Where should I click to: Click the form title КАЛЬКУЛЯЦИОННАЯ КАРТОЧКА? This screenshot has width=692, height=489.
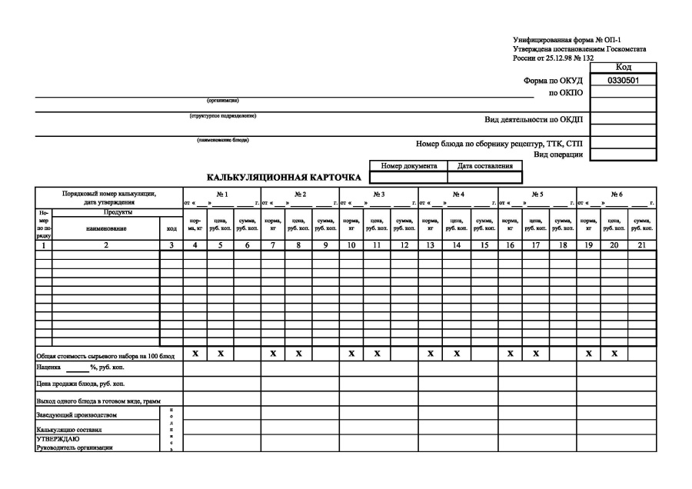click(284, 178)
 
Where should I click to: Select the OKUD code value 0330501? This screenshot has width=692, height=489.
click(624, 80)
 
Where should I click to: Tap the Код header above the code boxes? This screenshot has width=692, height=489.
click(624, 68)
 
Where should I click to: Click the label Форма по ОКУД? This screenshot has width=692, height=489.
click(554, 81)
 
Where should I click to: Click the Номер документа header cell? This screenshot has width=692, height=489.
click(408, 165)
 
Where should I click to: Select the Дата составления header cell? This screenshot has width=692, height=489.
click(485, 165)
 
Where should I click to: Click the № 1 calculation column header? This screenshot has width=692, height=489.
click(221, 194)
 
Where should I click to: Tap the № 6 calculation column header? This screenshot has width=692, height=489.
click(617, 194)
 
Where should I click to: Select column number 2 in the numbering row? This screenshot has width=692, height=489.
click(106, 245)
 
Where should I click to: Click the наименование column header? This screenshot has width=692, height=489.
click(106, 228)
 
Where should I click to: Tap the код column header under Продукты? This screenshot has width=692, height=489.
click(171, 228)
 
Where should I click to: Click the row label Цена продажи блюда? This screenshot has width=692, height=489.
click(81, 383)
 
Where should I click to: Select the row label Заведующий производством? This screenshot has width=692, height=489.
click(76, 415)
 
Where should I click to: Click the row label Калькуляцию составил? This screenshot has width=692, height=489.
click(70, 430)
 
